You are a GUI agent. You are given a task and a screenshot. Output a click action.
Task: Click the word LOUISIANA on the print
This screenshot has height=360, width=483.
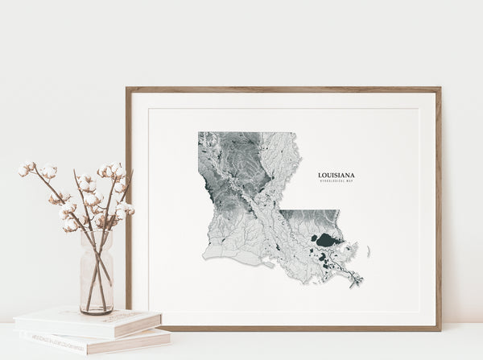(x=336, y=175)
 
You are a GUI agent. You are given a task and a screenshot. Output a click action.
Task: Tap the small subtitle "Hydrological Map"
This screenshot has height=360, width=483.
(x=336, y=181)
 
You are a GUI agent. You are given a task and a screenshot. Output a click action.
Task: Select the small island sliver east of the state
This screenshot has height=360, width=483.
(x=369, y=251)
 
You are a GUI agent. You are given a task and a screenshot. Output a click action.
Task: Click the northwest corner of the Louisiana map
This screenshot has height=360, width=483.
(x=200, y=134)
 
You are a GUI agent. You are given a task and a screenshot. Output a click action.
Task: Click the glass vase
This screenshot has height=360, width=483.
(x=97, y=274)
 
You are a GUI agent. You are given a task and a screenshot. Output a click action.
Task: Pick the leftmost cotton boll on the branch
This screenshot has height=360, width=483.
(x=24, y=170)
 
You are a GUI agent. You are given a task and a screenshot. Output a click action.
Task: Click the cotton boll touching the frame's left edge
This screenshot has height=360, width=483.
(x=125, y=209)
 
